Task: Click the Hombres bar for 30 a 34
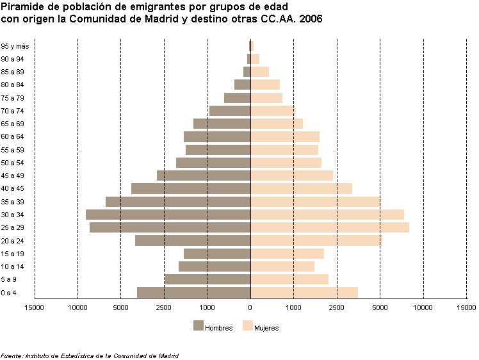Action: pyautogui.click(x=168, y=215)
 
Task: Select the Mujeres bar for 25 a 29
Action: pyautogui.click(x=329, y=227)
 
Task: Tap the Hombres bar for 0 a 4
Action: pyautogui.click(x=193, y=292)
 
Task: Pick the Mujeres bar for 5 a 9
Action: pyautogui.click(x=289, y=279)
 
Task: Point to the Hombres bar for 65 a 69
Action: pyautogui.click(x=222, y=124)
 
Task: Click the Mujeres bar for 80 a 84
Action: pyautogui.click(x=265, y=85)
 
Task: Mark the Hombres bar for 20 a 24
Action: pyautogui.click(x=192, y=241)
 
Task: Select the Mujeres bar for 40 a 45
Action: pyautogui.click(x=301, y=188)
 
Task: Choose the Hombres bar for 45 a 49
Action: pyautogui.click(x=203, y=176)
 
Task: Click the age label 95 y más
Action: pyautogui.click(x=15, y=46)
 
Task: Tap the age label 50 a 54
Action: pyautogui.click(x=13, y=163)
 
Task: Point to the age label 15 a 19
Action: pyautogui.click(x=13, y=254)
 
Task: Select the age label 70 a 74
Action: pyautogui.click(x=13, y=111)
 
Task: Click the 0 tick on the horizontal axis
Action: pyautogui.click(x=250, y=307)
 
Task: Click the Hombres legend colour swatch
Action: pyautogui.click(x=198, y=325)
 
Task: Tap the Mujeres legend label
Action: pyautogui.click(x=266, y=328)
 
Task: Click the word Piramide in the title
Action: pyautogui.click(x=23, y=7)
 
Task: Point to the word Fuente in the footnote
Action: pyautogui.click(x=12, y=356)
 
